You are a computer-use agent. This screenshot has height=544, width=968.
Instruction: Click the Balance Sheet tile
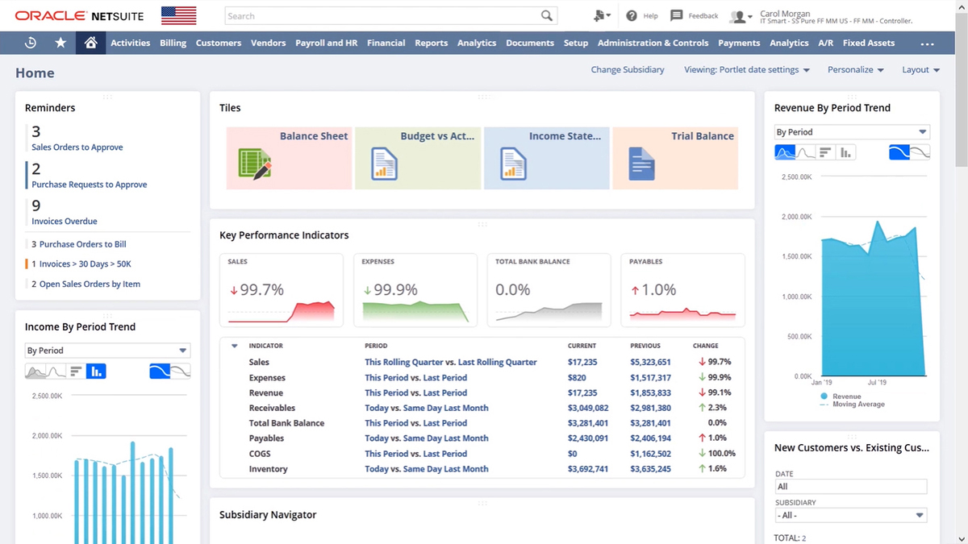pyautogui.click(x=289, y=158)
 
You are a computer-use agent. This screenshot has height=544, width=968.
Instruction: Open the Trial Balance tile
pyautogui.click(x=675, y=158)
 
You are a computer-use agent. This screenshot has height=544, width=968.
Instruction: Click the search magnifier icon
pyautogui.click(x=547, y=15)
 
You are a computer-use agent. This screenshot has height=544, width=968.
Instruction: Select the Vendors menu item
pyautogui.click(x=268, y=43)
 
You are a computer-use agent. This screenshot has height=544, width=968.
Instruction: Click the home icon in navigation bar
pyautogui.click(x=90, y=43)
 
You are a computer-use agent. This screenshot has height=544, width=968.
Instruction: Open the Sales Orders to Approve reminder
pyautogui.click(x=77, y=147)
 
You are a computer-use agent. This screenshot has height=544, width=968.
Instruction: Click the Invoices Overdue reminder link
pyautogui.click(x=64, y=221)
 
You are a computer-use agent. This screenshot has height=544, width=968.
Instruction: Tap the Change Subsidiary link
pyautogui.click(x=627, y=70)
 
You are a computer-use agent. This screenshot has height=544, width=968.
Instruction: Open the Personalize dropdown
pyautogui.click(x=855, y=70)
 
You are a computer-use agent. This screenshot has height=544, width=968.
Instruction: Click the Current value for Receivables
pyautogui.click(x=587, y=408)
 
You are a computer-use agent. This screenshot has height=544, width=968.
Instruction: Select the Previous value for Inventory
pyautogui.click(x=650, y=469)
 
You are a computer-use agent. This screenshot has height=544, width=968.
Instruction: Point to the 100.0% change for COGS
pyautogui.click(x=721, y=454)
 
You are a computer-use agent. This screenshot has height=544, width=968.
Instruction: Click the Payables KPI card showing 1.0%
pyautogui.click(x=682, y=290)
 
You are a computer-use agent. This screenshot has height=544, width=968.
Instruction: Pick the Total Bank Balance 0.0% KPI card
pyautogui.click(x=549, y=290)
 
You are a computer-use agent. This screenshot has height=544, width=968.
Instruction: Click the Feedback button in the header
pyautogui.click(x=695, y=15)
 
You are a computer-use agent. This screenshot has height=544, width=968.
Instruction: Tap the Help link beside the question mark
pyautogui.click(x=650, y=16)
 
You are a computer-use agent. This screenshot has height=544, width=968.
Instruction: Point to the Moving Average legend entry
pyautogui.click(x=858, y=404)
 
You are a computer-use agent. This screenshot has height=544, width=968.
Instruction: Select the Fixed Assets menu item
pyautogui.click(x=868, y=43)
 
